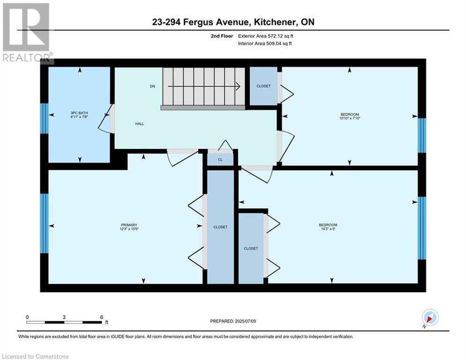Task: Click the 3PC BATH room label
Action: pos(79,113)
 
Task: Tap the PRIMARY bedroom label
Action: pos(129,225)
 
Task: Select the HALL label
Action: pos(140,124)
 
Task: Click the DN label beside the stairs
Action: pos(153,86)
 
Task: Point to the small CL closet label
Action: pos(220,159)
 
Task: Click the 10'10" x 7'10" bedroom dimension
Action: pos(350,118)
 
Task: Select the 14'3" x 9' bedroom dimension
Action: pos(328,229)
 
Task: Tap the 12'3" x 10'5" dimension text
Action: pos(129,229)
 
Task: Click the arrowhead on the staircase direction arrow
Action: pos(238,86)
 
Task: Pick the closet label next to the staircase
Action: pos(264,86)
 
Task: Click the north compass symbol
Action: pos(430,317)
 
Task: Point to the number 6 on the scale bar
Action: pos(102,317)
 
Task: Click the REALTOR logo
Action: pos(26,32)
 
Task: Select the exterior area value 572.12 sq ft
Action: pos(281,36)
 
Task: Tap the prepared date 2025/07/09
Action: pos(245,321)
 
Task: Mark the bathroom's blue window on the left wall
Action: pos(44,119)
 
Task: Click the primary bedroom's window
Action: pos(44,224)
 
